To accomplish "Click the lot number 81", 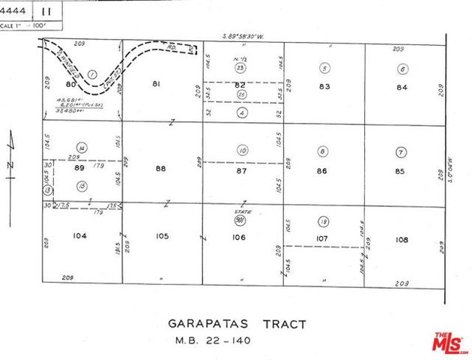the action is coord(156,85).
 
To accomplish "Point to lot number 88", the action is coord(160,169).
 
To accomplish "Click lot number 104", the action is coord(80,235).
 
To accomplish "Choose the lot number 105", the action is coord(161,235).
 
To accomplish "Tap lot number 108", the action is coord(402,239).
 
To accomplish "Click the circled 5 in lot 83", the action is coord(324,69).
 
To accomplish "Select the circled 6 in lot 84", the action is coord(402,70).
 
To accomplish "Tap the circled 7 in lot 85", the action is coord(402,152).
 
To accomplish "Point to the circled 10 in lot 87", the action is coord(241,151).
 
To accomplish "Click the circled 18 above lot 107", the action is coord(322,222).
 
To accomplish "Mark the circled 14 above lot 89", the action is coord(82,148).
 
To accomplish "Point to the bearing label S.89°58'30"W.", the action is coord(250,36).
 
